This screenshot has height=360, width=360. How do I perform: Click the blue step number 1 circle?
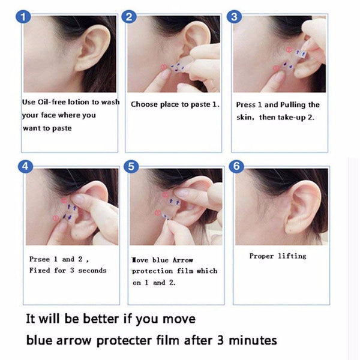[23, 17]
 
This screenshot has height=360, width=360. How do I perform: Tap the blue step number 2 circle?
[128, 17]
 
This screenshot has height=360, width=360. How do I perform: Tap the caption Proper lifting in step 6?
[278, 256]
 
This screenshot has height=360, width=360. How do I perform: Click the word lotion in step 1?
[86, 102]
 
